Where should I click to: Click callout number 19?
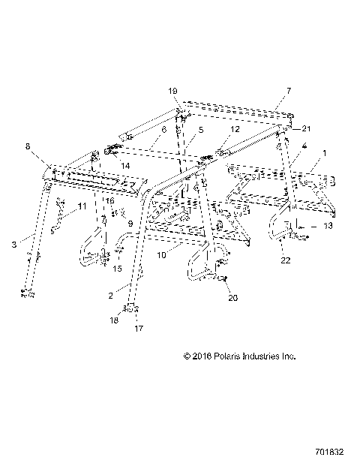pyautogui.click(x=173, y=91)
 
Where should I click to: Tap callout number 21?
pyautogui.click(x=306, y=128)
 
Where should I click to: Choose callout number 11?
pyautogui.click(x=82, y=206)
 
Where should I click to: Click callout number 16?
pyautogui.click(x=109, y=201)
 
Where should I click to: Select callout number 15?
pyautogui.click(x=116, y=268)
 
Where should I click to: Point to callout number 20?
pyautogui.click(x=233, y=297)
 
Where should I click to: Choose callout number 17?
pyautogui.click(x=139, y=327)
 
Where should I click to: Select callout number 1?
pyautogui.click(x=324, y=152)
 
